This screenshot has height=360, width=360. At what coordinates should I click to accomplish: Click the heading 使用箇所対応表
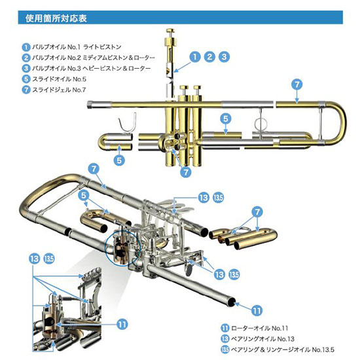[x=56, y=18]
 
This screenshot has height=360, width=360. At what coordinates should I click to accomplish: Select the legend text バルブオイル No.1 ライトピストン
[x=77, y=47]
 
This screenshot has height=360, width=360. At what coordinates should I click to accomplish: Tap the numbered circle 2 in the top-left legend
[x=26, y=58]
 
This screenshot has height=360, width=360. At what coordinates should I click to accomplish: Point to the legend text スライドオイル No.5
[x=59, y=79]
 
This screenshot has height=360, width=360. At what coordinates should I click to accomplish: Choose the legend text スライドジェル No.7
[x=59, y=90]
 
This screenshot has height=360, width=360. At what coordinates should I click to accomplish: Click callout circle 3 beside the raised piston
[x=224, y=57]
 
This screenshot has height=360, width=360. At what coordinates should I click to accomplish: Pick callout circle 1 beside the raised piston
[x=195, y=57]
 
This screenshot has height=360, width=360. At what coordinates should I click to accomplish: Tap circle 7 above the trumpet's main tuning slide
[x=297, y=84]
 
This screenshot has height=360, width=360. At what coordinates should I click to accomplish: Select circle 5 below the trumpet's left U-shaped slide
[x=119, y=160]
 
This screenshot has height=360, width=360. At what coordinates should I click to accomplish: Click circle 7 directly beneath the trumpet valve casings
[x=186, y=171]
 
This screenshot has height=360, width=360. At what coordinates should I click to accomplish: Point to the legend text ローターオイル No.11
[x=259, y=328]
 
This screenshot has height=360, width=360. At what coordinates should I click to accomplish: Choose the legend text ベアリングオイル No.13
[x=262, y=339]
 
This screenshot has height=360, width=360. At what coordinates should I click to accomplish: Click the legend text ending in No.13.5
[x=282, y=350]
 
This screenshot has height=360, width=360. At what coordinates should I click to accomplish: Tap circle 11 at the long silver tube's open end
[x=257, y=311]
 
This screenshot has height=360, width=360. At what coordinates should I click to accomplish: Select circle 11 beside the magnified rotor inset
[x=122, y=325]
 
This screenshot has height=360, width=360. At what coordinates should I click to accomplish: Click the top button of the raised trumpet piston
[x=170, y=30]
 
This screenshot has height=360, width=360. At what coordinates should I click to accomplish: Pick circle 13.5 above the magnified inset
[x=49, y=259]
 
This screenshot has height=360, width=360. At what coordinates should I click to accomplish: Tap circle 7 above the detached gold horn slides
[x=257, y=211]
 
